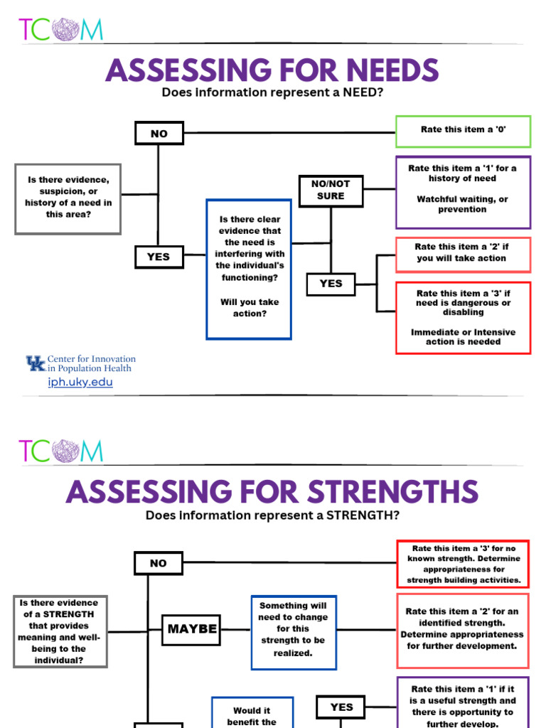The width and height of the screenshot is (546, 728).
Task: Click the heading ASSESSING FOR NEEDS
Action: coord(272,70)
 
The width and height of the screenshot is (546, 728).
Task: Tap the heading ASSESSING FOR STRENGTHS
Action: coord(272,492)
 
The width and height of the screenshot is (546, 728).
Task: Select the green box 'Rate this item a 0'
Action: coord(463,131)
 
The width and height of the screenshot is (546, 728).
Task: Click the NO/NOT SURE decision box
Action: coord(331,190)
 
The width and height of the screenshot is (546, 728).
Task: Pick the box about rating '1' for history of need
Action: coord(463,188)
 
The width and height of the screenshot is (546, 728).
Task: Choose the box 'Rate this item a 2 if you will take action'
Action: coord(463,253)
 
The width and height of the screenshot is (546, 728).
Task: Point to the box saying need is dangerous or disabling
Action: coord(463,317)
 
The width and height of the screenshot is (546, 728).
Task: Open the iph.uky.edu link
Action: coord(80,382)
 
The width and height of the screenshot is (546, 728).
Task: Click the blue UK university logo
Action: coord(36,364)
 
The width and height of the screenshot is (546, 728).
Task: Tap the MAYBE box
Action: coord(191,628)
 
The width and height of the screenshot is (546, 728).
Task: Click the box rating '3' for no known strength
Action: coord(463,564)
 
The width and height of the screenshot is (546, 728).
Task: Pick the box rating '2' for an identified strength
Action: coord(463,628)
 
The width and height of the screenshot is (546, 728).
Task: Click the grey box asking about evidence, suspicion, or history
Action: coord(68,198)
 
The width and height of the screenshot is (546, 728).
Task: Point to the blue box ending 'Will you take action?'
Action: coord(249,268)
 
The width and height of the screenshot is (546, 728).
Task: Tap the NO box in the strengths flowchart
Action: coord(158,563)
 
